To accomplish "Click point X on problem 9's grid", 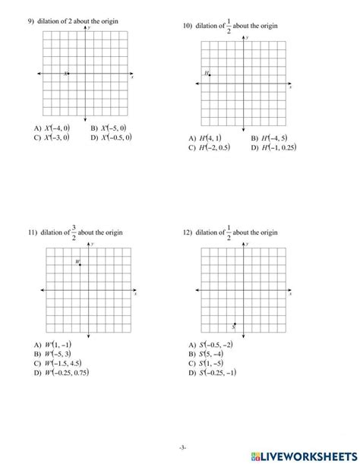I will coord(68,74).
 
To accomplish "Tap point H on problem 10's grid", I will coord(210,74).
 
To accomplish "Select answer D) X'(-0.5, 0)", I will coord(111,137).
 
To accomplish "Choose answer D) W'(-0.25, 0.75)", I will coord(62,372).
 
